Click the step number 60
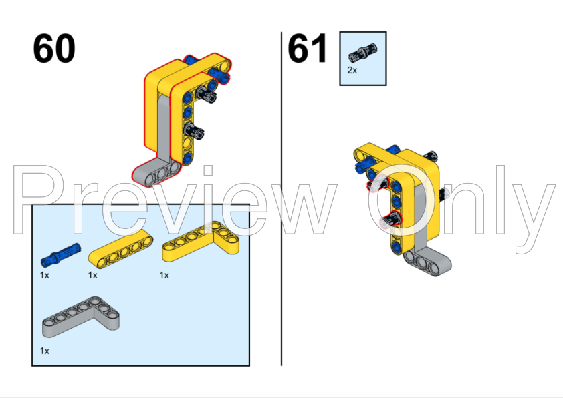click(x=54, y=49)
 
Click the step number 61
click(x=308, y=49)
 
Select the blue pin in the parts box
click(x=60, y=254)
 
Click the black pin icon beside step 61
click(x=362, y=49)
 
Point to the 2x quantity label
click(x=352, y=69)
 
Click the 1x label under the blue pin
click(x=44, y=274)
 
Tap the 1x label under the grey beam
click(x=44, y=350)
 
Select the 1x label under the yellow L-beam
click(x=164, y=274)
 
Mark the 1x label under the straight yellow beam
click(x=92, y=274)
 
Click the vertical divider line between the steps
click(x=281, y=200)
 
